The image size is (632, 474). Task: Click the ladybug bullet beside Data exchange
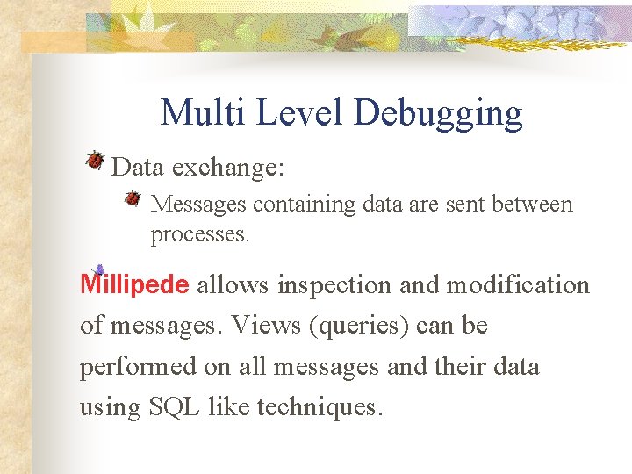[x=95, y=160]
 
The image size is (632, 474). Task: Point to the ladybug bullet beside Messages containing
[x=133, y=198]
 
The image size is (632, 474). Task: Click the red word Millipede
[x=134, y=285]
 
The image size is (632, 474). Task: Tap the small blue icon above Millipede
[x=98, y=269]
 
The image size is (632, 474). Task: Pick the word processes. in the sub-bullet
[x=200, y=234]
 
